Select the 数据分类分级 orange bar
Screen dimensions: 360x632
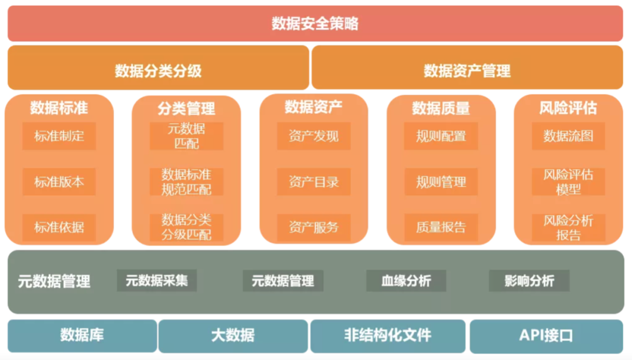point(158,71)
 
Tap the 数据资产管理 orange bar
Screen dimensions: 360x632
point(467,71)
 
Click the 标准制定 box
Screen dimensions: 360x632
point(59,136)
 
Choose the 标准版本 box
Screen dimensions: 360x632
point(59,182)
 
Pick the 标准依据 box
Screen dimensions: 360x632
point(59,227)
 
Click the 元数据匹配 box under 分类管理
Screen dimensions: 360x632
point(187,136)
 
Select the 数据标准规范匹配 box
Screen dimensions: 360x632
point(187,182)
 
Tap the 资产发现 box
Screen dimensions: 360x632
point(314,136)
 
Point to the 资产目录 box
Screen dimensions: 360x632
point(314,182)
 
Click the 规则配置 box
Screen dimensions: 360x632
point(441,136)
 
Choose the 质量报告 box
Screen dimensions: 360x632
point(441,227)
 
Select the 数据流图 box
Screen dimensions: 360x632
point(568,136)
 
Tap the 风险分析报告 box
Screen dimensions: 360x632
point(568,228)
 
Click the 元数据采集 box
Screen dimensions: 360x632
point(157,280)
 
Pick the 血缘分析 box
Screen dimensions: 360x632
point(406,281)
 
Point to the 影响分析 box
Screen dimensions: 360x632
point(529,281)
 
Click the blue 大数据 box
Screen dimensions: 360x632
point(233,336)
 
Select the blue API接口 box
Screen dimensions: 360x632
point(546,336)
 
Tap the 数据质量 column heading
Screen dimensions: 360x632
point(441,108)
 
